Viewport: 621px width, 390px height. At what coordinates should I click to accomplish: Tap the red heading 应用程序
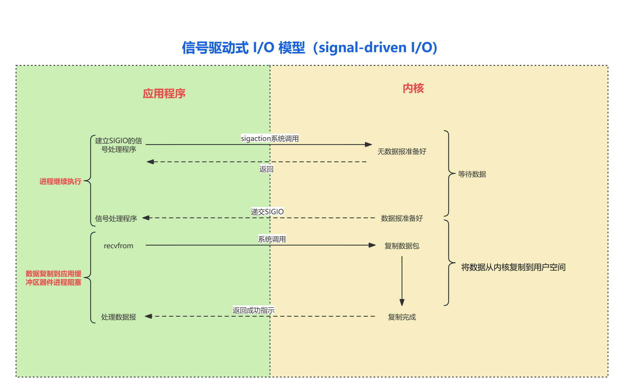(164, 94)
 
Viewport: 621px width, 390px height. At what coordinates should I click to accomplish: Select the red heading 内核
(413, 88)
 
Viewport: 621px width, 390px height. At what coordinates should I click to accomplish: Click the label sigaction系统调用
(269, 139)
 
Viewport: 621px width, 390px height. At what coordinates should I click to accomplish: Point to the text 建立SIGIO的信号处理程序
(118, 145)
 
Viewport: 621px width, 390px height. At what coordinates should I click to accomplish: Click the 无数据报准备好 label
(402, 151)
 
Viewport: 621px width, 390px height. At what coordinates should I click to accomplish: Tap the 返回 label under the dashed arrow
(266, 169)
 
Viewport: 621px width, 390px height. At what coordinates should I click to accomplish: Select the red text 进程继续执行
(60, 181)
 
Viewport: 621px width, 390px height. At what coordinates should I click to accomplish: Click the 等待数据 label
(472, 174)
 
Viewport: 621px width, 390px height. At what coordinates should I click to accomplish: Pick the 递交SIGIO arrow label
(267, 212)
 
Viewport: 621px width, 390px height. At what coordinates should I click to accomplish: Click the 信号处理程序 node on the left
(116, 219)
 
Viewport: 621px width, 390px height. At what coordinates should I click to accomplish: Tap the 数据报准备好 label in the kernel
(402, 218)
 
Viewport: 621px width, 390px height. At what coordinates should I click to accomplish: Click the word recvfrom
(118, 246)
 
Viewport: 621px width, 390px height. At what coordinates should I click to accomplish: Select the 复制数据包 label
(402, 246)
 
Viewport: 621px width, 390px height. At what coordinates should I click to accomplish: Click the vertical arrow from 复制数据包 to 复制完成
(402, 281)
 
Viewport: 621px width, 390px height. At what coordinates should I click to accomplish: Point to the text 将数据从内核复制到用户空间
(513, 267)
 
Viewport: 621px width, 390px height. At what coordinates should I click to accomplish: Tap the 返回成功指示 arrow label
(253, 310)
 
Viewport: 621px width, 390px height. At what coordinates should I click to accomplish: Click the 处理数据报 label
(118, 317)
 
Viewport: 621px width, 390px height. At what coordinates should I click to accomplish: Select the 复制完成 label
(402, 317)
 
